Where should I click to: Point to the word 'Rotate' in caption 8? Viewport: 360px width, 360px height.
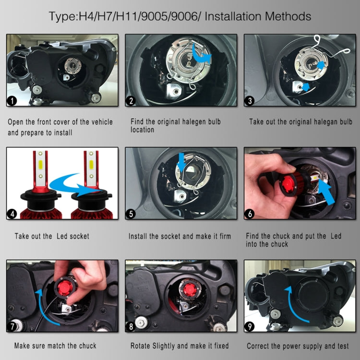point(142,346)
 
